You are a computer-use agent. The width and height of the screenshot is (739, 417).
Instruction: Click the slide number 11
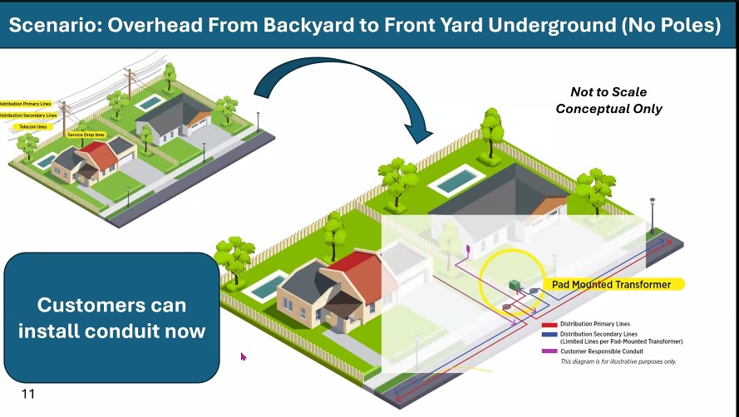[28, 394]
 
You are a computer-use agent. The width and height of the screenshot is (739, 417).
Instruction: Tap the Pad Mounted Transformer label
[611, 284]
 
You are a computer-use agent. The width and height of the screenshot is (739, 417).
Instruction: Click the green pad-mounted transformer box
[515, 285]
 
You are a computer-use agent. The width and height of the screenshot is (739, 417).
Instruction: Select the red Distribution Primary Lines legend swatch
[549, 324]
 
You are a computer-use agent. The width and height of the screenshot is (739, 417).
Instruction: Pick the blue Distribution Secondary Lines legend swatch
[549, 336]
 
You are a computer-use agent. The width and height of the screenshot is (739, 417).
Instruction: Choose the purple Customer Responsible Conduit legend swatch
[549, 351]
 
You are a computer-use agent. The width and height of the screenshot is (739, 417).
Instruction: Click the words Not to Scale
[608, 92]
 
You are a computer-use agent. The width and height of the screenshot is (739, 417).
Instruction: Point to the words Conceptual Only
[608, 109]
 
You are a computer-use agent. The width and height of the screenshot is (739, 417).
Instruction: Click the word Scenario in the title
[57, 24]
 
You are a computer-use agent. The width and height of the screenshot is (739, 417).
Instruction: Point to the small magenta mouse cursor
[244, 356]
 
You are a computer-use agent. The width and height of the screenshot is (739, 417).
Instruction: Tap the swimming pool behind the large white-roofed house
[456, 181]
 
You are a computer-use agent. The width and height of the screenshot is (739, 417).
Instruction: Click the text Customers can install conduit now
[112, 317]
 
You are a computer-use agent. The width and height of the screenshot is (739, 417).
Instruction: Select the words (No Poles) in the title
[670, 24]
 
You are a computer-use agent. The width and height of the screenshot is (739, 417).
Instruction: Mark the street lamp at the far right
[652, 213]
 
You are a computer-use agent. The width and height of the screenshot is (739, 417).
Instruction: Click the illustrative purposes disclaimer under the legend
[618, 361]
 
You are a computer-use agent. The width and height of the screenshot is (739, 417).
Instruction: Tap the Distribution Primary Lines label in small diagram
[25, 104]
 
